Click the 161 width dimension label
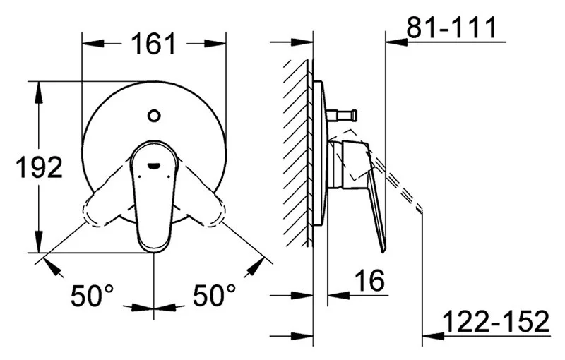tap(153, 44)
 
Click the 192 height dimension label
tap(40, 167)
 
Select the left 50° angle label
tap(92, 296)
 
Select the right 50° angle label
tap(214, 296)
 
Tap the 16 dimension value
tap(369, 281)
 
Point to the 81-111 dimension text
tap(451, 27)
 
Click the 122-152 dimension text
tap(496, 321)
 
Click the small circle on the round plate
tap(154, 116)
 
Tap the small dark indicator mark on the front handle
tap(154, 166)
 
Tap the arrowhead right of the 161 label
tap(215, 44)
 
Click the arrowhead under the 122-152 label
tap(433, 336)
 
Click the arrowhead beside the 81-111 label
tap(396, 42)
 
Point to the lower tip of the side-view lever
tap(383, 251)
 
